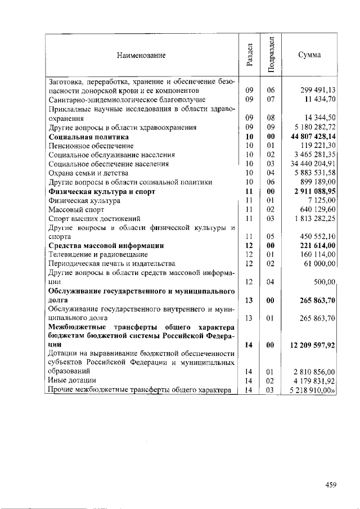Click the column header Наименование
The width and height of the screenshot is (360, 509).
(141, 55)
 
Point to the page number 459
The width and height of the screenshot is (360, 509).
(331, 485)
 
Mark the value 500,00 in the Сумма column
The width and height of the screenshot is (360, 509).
(325, 282)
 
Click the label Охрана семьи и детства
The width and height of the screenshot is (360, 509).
(88, 173)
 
